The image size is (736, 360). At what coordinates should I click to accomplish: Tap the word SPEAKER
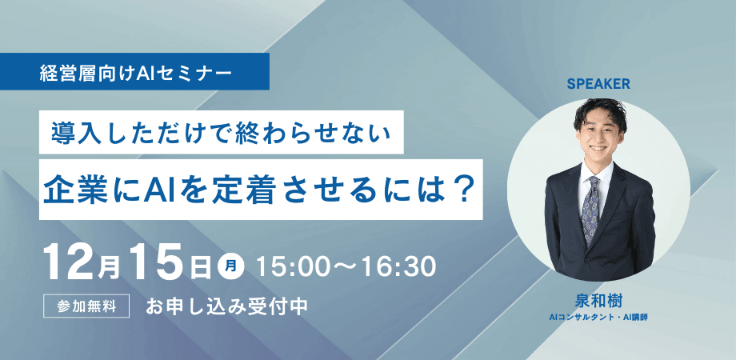(599, 83)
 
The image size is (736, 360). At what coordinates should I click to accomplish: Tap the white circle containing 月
(230, 264)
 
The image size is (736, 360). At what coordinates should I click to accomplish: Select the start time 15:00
(288, 265)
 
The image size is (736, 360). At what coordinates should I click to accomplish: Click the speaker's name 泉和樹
(598, 302)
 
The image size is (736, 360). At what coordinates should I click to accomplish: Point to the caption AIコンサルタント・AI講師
(598, 319)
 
